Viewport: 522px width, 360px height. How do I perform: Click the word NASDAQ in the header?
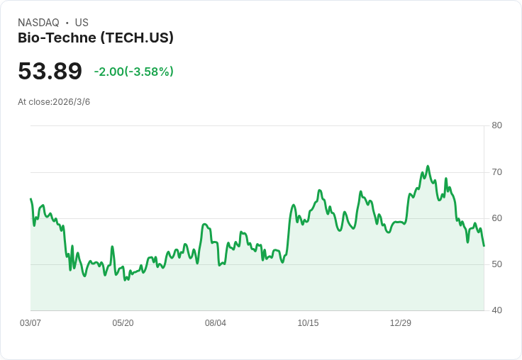click(38, 23)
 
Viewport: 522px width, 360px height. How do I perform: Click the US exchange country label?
click(82, 23)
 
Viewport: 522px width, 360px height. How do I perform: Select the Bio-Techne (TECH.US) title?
click(96, 38)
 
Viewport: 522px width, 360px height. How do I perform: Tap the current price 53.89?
click(50, 71)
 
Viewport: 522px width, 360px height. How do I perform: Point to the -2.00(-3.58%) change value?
click(133, 72)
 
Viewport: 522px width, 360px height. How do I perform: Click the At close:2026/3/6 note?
click(54, 102)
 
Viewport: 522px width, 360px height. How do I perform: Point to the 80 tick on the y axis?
click(496, 125)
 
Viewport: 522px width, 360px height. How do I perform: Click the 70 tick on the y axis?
click(496, 171)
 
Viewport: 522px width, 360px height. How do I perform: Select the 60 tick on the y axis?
click(496, 218)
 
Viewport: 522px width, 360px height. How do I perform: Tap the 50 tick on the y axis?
click(496, 264)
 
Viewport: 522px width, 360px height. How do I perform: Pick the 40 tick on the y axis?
click(496, 310)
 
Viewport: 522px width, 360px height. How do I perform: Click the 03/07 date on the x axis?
click(30, 323)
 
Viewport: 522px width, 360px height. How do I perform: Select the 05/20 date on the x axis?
click(123, 323)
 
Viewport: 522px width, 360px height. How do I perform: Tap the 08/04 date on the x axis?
click(216, 323)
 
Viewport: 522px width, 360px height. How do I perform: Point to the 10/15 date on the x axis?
click(308, 323)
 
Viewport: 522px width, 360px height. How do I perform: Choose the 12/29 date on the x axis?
click(401, 323)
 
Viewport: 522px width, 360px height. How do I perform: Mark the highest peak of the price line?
click(428, 166)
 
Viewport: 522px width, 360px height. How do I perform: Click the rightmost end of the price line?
click(484, 246)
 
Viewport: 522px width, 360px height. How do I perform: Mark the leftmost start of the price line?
click(30, 199)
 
